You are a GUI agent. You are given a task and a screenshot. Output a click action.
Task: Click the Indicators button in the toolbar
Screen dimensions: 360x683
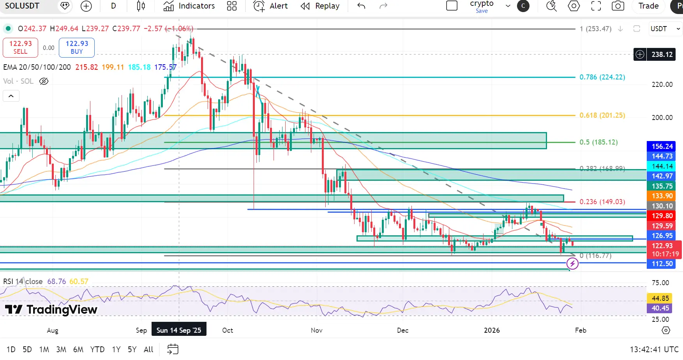click(189, 6)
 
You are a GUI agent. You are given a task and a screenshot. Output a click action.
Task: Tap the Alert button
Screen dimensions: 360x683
click(271, 6)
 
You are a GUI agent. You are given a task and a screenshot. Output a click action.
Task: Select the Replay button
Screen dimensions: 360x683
click(320, 6)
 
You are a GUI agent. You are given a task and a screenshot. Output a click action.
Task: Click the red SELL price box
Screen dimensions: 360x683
click(21, 47)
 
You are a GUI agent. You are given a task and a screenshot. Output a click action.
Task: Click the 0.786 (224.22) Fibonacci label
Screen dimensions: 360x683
click(602, 77)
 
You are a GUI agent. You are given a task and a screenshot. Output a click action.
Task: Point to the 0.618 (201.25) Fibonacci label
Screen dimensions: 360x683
click(602, 115)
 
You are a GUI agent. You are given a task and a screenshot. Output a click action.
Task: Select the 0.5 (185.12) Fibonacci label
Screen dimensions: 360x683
click(598, 142)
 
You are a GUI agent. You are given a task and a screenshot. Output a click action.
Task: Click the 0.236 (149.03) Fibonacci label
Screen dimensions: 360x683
click(602, 202)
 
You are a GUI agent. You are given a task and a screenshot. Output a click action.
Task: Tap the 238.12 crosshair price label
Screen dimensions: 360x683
click(662, 55)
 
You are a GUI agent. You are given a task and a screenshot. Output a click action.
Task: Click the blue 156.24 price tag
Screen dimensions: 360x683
click(662, 146)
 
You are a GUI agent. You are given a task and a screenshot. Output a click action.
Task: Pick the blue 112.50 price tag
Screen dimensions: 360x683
click(662, 264)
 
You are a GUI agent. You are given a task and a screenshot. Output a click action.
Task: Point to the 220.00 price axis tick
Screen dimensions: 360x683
click(662, 85)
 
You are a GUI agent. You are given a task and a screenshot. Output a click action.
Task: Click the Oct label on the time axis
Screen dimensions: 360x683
click(228, 330)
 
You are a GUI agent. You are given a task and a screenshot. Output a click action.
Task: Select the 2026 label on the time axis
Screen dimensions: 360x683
click(492, 330)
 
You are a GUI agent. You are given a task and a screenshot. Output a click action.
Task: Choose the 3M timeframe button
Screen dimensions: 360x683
click(61, 349)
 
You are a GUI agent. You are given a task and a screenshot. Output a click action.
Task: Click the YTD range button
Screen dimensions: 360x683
click(97, 349)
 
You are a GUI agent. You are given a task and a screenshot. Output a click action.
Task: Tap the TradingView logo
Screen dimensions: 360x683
click(51, 310)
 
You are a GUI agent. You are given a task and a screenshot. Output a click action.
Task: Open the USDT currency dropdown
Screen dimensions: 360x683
click(665, 29)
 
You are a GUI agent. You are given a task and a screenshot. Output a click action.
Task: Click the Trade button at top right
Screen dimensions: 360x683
click(648, 6)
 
